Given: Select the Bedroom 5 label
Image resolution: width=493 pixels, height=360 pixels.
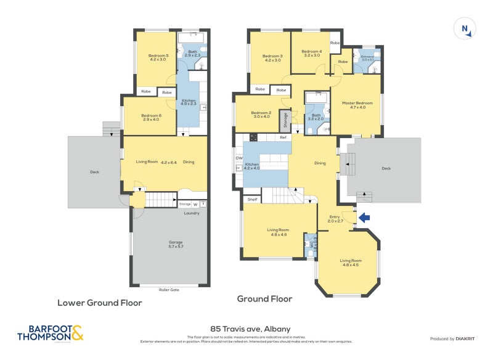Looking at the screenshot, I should (x=158, y=58).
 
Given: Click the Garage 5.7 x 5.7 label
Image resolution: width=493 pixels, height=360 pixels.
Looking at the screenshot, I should (x=168, y=244).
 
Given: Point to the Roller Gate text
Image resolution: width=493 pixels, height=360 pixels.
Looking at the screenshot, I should (x=169, y=289).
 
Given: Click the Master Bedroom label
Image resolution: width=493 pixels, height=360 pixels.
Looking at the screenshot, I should (x=357, y=105).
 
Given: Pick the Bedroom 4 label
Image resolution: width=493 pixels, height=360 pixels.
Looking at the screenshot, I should (x=312, y=53).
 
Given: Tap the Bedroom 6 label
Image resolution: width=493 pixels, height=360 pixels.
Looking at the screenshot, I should (x=150, y=117).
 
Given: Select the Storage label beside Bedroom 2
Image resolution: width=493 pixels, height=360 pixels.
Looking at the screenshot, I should (x=285, y=119).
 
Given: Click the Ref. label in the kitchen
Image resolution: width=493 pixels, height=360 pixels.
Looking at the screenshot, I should (x=283, y=137).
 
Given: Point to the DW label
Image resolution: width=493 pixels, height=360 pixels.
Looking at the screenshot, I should (x=238, y=158).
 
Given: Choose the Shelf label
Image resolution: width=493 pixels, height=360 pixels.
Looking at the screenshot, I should (x=251, y=199).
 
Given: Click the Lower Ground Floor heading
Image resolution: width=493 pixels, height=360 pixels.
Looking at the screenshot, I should (x=100, y=303).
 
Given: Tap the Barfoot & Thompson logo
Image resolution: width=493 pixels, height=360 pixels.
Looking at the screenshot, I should (x=50, y=333).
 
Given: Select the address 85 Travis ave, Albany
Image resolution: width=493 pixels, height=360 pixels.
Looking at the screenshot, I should (x=246, y=329).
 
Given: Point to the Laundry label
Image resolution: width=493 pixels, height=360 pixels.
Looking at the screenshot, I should (x=192, y=214).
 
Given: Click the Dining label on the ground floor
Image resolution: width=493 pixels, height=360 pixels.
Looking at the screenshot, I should (x=320, y=163).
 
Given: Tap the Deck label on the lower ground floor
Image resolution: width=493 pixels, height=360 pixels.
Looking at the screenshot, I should (x=94, y=172).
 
